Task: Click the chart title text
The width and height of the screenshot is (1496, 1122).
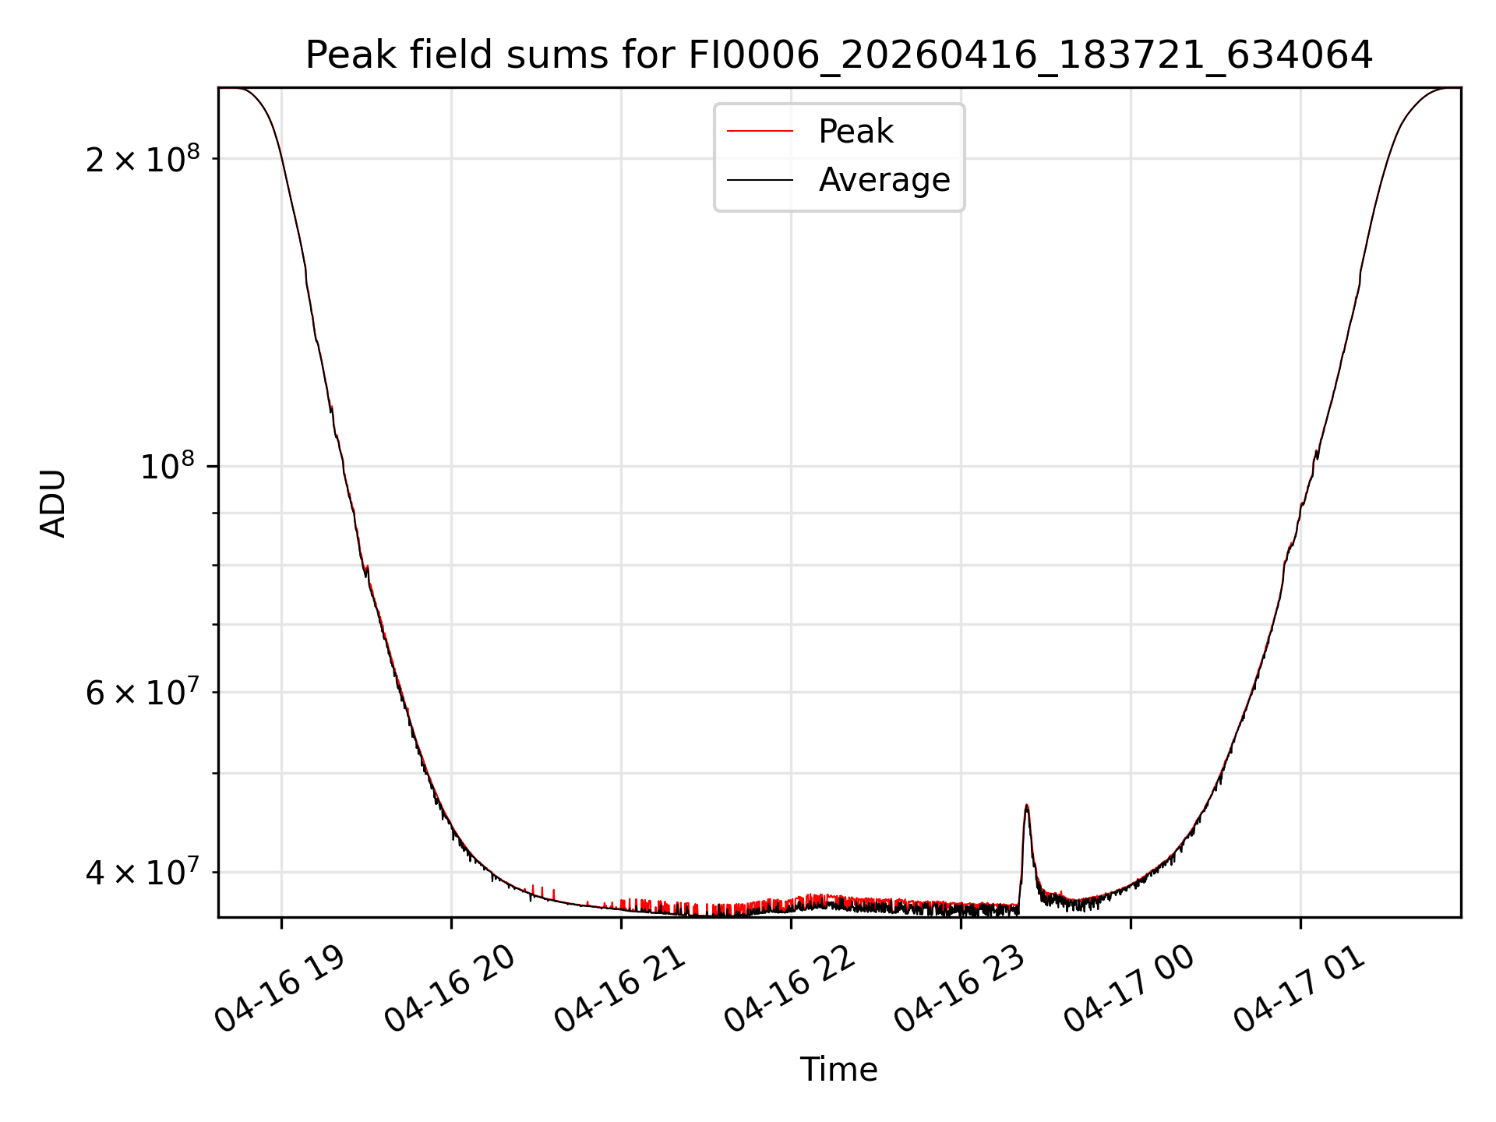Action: pos(838,55)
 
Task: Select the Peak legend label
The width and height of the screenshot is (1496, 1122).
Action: pos(856,132)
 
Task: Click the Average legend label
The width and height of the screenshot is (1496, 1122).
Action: pos(884,180)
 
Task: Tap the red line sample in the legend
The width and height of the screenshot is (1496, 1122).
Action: pos(760,132)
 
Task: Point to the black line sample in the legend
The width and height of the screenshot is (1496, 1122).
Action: pos(760,180)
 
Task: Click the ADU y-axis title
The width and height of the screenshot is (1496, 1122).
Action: pos(53,503)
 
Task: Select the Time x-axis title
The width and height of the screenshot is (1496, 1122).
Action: pos(838,1070)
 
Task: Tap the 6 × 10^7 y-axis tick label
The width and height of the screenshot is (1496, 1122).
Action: pos(142,691)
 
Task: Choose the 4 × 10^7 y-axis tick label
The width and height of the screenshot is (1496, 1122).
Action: pos(142,872)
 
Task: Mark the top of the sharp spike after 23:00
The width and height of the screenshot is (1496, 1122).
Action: pos(1027,805)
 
